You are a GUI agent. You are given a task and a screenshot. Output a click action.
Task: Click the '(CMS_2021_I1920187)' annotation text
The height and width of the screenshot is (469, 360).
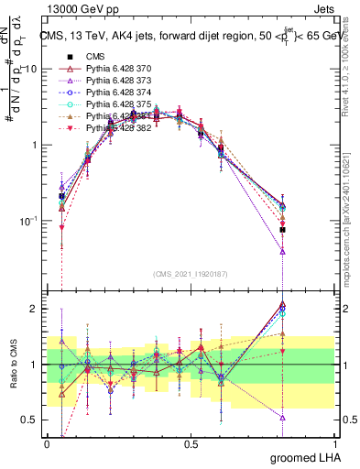coord(191,272)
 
